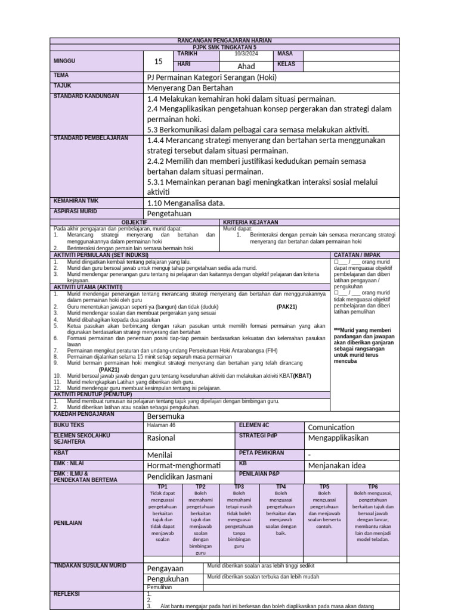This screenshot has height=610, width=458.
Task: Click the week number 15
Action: pyautogui.click(x=158, y=61)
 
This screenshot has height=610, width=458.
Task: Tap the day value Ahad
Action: pyautogui.click(x=246, y=66)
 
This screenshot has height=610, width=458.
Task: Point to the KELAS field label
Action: pyautogui.click(x=286, y=64)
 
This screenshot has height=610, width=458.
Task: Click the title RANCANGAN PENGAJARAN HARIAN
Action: pyautogui.click(x=225, y=41)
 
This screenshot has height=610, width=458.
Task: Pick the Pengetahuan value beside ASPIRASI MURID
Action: pyautogui.click(x=169, y=213)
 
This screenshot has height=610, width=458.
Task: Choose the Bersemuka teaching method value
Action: pyautogui.click(x=166, y=416)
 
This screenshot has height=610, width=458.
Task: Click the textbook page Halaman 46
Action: pyautogui.click(x=161, y=427)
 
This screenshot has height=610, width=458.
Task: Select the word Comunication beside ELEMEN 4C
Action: pyautogui.click(x=331, y=427)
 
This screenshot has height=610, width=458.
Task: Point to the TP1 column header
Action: pyautogui.click(x=162, y=486)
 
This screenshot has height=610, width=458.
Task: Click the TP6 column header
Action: pyautogui.click(x=373, y=486)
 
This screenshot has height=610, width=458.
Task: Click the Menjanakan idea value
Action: pyautogui.click(x=336, y=465)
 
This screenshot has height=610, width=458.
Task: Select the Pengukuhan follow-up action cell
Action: pyautogui.click(x=168, y=579)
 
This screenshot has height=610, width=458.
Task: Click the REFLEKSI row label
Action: pyautogui.click(x=67, y=594)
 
